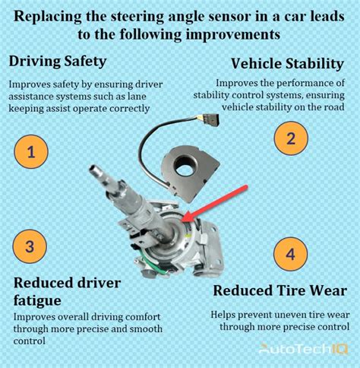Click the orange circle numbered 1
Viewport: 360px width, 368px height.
(x=30, y=152)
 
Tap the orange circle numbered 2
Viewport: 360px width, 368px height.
(x=289, y=138)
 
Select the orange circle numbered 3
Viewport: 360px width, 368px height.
(x=29, y=246)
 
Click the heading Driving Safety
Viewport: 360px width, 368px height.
(x=57, y=60)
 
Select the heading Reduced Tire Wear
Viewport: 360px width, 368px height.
(x=279, y=290)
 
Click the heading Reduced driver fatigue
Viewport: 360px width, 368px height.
(x=67, y=291)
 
